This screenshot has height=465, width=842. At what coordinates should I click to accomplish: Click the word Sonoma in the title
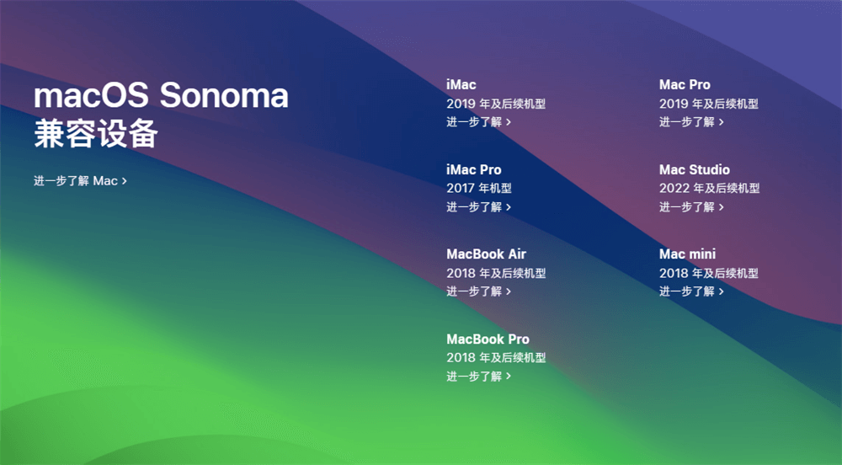coord(224,96)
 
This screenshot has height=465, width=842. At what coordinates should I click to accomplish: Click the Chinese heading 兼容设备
coord(96,134)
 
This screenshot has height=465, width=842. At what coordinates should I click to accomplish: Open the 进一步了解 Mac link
coord(80,180)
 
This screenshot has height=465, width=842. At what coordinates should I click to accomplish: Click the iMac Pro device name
coord(473,169)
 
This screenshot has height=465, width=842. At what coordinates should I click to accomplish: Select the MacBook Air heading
coord(486,254)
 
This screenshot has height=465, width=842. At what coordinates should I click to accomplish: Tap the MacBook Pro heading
coord(488,339)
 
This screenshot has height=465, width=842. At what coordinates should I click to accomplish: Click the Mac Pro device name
coord(685,84)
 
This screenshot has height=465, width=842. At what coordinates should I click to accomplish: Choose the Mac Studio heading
coord(694,169)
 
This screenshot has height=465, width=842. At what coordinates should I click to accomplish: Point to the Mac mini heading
coord(687,254)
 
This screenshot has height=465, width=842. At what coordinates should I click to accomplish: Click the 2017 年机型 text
coord(478,189)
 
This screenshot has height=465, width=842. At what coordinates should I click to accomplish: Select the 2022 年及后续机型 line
coord(709,189)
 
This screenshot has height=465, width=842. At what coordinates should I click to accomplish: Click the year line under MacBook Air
coord(496,273)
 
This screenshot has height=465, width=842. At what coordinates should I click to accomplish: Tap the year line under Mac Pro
coord(708,104)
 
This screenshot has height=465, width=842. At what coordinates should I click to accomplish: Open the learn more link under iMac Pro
coord(478,207)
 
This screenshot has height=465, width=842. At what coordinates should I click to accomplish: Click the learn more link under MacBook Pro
coord(478,377)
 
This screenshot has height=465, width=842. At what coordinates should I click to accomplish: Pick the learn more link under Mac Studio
coord(691,207)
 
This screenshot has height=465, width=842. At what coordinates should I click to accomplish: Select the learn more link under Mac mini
coord(691,291)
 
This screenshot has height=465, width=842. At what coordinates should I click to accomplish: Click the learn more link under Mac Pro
coord(691,122)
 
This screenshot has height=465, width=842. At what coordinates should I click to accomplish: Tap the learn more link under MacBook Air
coord(478,291)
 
